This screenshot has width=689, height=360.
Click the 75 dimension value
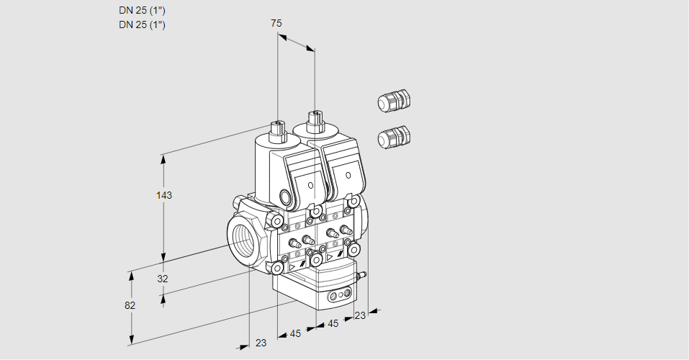point(276,23)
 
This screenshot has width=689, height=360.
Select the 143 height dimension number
point(165,195)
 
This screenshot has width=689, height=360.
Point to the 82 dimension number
point(130,305)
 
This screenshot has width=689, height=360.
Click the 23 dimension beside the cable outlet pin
point(360,315)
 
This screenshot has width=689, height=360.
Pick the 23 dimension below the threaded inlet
point(261,343)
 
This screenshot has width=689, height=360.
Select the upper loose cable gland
point(393,102)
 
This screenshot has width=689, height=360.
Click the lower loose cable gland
point(393,136)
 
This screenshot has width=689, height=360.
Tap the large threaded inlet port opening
point(242,237)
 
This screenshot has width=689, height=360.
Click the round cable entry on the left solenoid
point(287,198)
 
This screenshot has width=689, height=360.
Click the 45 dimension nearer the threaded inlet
point(295,333)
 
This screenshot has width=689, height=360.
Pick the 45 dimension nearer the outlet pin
point(333,324)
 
